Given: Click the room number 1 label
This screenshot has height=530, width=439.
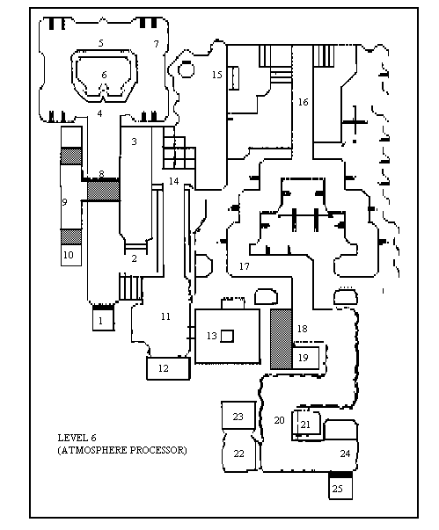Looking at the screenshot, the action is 100,321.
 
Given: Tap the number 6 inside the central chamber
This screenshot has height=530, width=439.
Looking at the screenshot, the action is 104,75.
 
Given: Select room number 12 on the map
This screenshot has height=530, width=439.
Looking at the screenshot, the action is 168,368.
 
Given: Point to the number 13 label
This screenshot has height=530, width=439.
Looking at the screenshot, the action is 212,336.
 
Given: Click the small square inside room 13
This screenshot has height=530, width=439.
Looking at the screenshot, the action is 227,337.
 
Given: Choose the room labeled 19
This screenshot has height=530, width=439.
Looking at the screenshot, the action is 305,357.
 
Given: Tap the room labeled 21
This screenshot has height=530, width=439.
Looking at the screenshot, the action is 306,423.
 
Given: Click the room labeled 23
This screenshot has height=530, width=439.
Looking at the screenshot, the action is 238,416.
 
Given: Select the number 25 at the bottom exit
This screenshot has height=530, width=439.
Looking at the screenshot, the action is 337,489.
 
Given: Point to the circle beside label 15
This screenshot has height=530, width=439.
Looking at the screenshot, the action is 186,69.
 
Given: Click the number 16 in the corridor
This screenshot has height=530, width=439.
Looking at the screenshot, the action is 303,102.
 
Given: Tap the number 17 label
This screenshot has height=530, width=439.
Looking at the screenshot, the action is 245,266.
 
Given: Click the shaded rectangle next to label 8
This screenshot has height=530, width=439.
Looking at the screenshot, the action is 104,191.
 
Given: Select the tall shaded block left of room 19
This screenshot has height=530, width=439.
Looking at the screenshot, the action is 281,338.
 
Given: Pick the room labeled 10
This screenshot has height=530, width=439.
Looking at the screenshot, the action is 71,255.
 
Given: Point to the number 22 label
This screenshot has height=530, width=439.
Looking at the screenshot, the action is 238,454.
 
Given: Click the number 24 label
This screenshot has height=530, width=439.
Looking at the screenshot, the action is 345,454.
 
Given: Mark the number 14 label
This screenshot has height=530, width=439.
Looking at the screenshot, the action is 173,182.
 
